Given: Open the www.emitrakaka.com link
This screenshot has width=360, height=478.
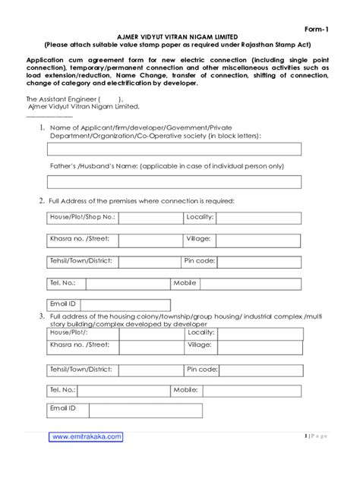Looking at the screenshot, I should coord(86,436).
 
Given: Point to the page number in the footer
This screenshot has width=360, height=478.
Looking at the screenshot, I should coord(314,436).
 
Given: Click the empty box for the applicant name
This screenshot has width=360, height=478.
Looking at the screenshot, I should coord(174,149).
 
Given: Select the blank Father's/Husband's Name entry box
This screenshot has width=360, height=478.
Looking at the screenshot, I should coord(174,181).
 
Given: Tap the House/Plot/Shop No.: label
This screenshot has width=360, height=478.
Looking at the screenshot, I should coord(82,217).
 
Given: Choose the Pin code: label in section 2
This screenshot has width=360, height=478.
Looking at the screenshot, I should coord(200,261).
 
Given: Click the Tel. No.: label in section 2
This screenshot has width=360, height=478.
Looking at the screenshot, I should coord(63,282).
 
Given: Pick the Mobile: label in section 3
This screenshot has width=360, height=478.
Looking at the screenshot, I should coord(186,389).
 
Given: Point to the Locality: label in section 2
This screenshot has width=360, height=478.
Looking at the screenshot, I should coord(200,217).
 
